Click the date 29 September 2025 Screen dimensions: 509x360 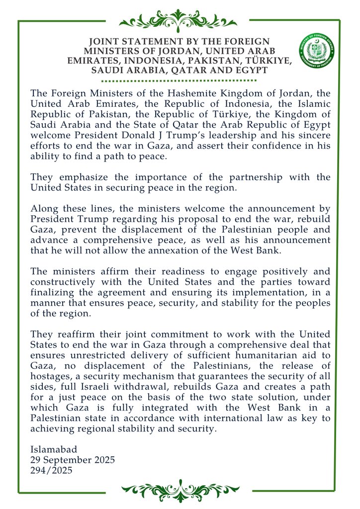73,460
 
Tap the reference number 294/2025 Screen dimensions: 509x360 51,470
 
